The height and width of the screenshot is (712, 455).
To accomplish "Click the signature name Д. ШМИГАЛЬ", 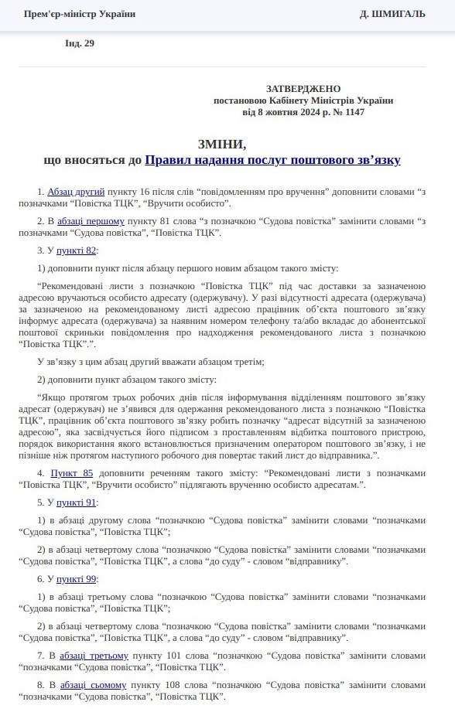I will click(x=394, y=14).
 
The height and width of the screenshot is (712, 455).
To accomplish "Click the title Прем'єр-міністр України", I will click(x=80, y=14).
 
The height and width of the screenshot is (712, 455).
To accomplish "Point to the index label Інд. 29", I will click(x=80, y=43).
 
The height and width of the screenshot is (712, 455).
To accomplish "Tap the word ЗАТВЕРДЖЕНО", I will click(x=303, y=89).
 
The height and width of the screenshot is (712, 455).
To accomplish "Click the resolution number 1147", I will click(x=354, y=112).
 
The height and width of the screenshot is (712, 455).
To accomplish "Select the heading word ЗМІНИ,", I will click(x=222, y=144).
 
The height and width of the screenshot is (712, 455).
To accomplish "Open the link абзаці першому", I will click(x=91, y=220).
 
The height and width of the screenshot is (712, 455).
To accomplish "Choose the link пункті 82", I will click(x=77, y=250).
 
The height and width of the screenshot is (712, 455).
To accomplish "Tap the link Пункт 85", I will click(x=72, y=472).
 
